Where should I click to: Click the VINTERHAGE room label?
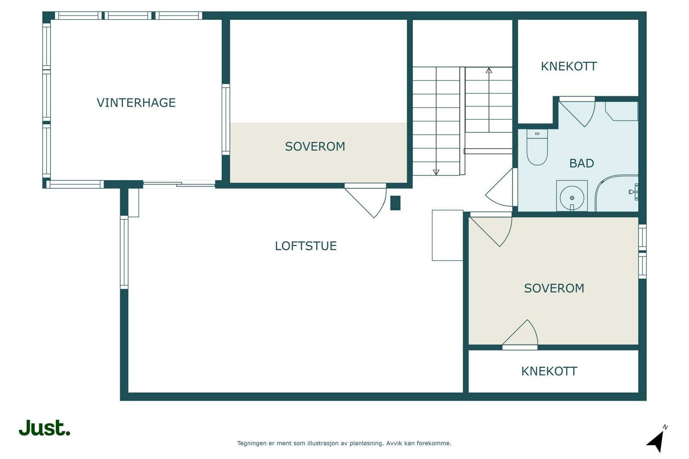136,103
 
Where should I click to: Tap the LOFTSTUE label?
306,246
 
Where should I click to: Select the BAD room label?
581,163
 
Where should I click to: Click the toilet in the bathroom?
537,147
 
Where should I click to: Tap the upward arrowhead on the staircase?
489,71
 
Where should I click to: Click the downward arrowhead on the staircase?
436,172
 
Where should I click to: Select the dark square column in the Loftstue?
395,203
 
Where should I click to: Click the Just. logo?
45,428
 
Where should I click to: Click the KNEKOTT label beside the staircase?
569,66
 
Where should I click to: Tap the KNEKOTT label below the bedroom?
549,371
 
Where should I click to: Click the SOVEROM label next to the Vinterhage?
315,147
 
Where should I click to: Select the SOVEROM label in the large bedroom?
554,288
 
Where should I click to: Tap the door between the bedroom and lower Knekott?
520,335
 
